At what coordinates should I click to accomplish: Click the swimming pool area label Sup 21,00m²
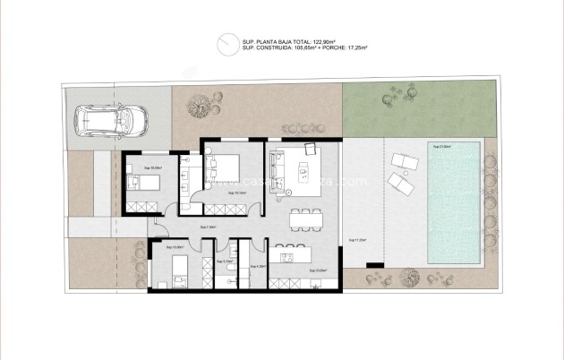441,146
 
